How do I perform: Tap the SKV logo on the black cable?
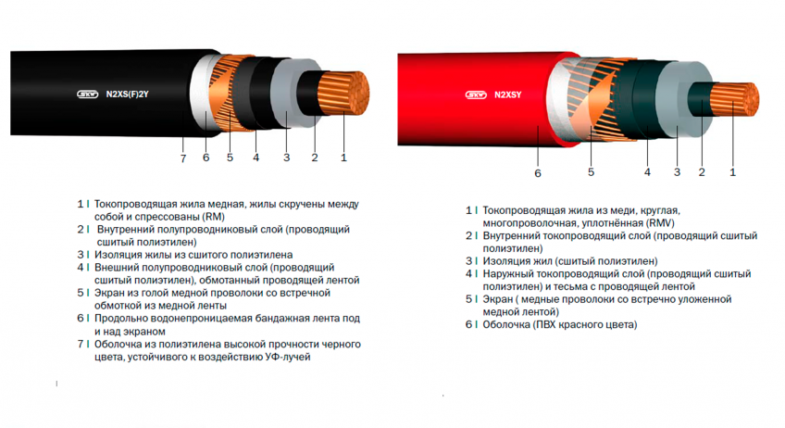tap(86, 93)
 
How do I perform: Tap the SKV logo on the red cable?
tap(475, 94)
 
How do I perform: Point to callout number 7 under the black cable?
tap(182, 158)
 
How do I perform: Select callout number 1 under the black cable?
tap(343, 158)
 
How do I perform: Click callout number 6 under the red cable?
tap(537, 172)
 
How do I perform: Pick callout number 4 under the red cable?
tap(647, 172)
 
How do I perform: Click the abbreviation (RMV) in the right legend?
tap(660, 223)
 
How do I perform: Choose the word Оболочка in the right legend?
tap(508, 325)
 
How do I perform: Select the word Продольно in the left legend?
tap(120, 318)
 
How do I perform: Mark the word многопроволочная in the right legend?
tap(531, 223)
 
